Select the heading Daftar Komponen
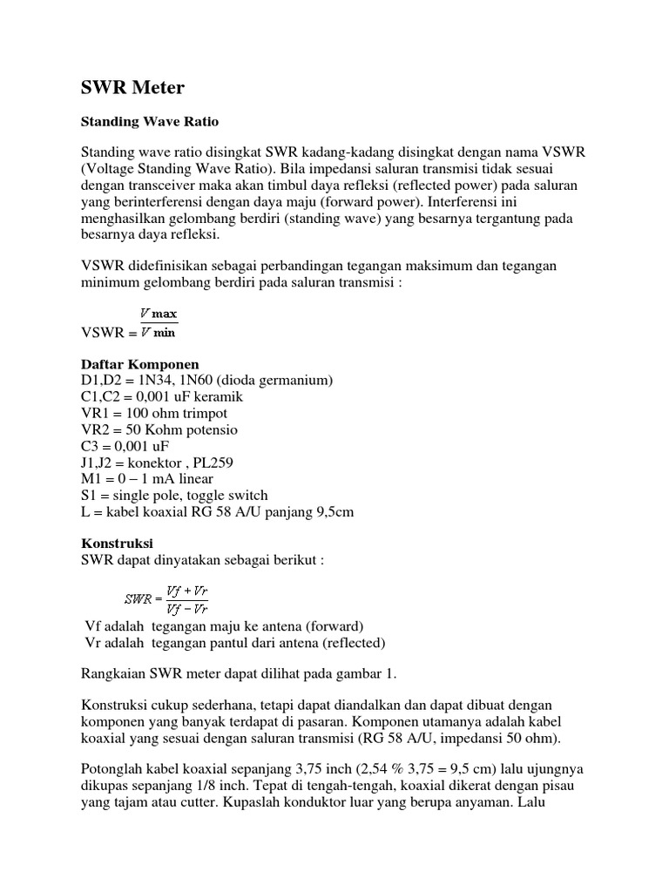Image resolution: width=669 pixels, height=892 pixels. pos(140,363)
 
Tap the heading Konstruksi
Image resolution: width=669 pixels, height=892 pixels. pos(117,543)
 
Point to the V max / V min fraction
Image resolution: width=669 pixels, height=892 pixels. pos(159,323)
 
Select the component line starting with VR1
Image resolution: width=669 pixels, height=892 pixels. pos(153,413)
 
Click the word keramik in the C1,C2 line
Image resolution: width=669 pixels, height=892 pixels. pos(213,396)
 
